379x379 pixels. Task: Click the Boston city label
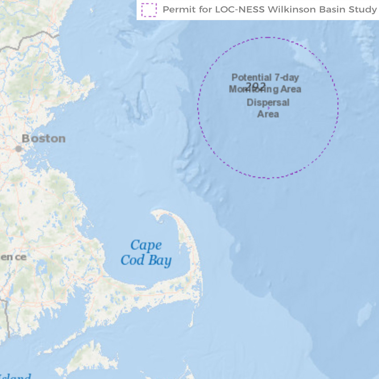(44, 138)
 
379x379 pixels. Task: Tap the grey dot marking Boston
(18, 149)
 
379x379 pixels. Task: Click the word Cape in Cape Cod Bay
(146, 245)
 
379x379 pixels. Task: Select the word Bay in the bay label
(160, 260)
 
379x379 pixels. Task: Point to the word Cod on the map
(132, 260)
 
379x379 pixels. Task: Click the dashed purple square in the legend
(149, 9)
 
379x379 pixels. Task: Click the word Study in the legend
(364, 9)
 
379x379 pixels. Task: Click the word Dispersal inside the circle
(268, 103)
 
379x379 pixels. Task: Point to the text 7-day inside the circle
(286, 78)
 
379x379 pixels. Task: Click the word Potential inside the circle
(251, 78)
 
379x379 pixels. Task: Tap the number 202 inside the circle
(256, 86)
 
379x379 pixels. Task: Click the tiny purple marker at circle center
(268, 108)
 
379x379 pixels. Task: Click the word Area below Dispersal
(268, 114)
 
